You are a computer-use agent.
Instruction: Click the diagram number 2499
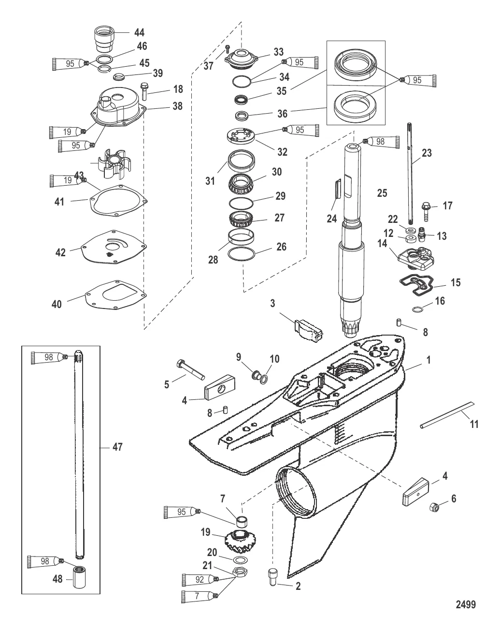pos(466,604)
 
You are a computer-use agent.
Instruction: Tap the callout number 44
pos(139,33)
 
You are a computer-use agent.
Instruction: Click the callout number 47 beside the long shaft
pos(117,447)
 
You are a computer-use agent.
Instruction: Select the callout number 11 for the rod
pos(474,424)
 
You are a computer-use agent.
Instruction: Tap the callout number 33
pos(279,52)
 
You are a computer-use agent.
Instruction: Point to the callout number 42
pos(60,252)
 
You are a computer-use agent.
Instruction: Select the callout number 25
pos(382,193)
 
